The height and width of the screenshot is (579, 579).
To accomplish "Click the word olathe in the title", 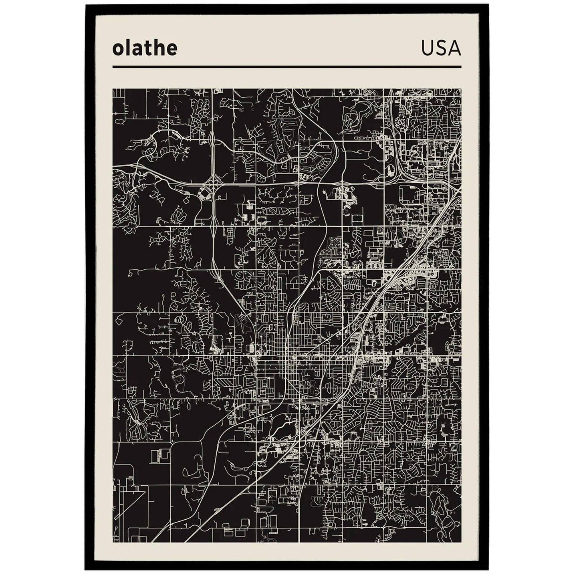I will (145, 49).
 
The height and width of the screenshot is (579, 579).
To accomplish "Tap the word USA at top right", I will (441, 49).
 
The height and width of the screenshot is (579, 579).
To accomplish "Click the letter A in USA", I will (455, 49).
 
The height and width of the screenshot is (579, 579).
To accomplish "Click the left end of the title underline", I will (113, 67).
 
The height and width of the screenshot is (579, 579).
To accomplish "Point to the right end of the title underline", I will (461, 67).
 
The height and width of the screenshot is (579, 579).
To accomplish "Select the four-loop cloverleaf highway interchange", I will (213, 187).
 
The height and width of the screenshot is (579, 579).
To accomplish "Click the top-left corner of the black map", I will (113, 89).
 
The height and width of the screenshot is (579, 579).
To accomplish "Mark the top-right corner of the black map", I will (461, 89).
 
